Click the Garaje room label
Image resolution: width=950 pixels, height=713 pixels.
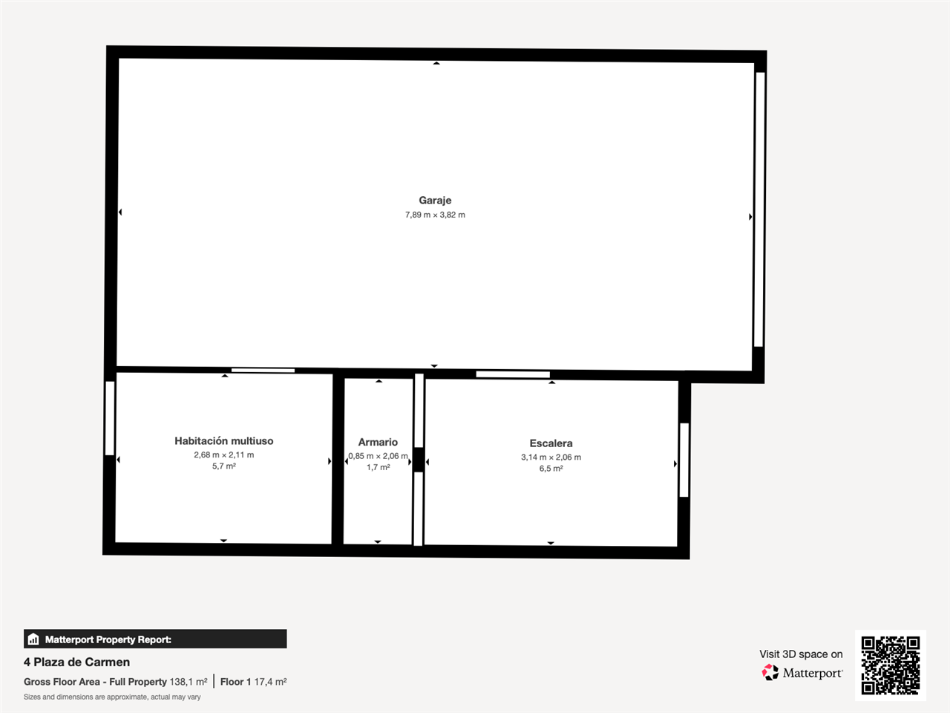435,201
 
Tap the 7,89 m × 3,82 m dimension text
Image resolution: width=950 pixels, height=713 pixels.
435,215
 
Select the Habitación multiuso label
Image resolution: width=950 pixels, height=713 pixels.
223,440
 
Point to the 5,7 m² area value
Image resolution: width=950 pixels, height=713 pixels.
223,466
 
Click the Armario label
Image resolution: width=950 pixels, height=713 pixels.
378,442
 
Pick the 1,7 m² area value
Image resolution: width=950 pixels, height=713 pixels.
379,468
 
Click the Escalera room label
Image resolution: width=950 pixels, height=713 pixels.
551,443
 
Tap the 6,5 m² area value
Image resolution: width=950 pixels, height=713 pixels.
551,469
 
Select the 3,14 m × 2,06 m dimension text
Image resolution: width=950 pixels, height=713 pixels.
551,458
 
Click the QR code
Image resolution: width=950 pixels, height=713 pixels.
891,665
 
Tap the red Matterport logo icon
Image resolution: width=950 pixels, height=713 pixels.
770,672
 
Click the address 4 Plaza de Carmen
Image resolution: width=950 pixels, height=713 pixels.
76,662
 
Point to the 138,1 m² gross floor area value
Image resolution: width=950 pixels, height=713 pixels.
189,682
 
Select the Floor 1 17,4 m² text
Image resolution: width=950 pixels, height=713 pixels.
253,682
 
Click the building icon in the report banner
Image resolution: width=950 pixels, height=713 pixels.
33,639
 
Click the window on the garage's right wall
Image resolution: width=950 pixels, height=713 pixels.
759,209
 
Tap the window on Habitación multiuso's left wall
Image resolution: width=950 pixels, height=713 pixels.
110,418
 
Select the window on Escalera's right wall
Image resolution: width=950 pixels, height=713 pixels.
684,460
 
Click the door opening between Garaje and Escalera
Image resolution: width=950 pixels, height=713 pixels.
513,374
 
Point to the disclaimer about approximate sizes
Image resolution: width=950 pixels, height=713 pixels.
112,697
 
